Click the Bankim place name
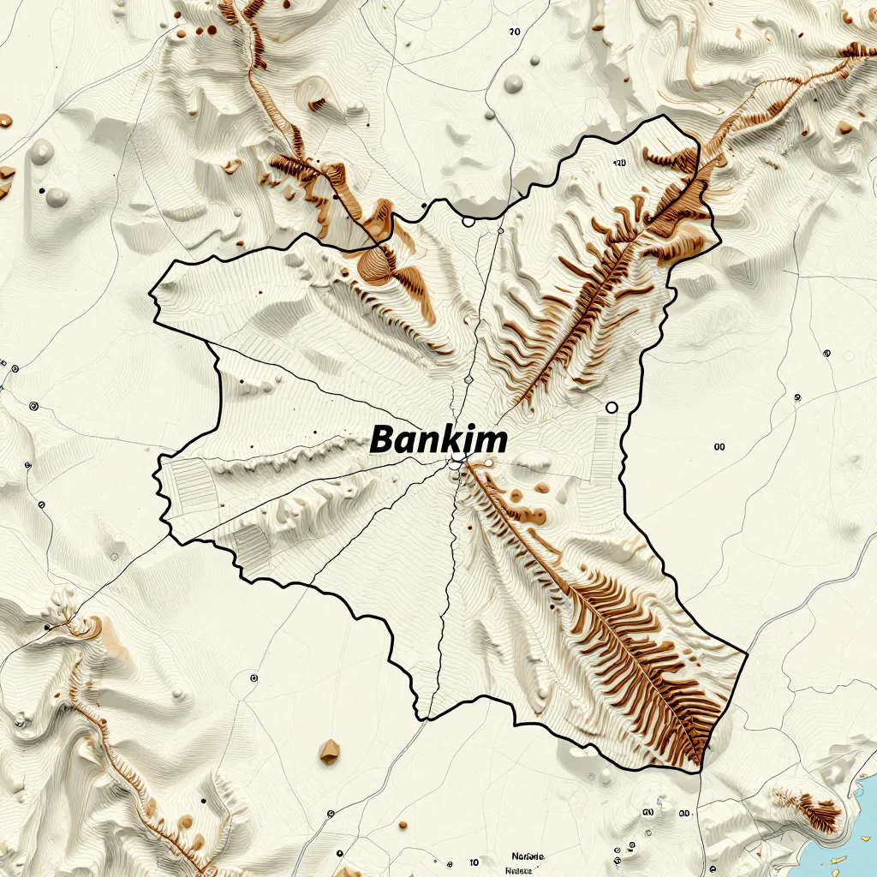tap(438, 440)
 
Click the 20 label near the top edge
tap(514, 32)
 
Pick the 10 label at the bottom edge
tap(474, 862)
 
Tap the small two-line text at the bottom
tap(520, 862)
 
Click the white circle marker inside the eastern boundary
tap(612, 408)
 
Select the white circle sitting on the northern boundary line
tap(468, 222)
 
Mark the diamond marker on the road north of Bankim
tap(468, 379)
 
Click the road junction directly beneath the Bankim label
tap(454, 464)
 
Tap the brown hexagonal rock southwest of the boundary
tap(329, 752)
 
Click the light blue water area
tap(861, 822)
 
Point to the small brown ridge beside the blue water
tap(814, 810)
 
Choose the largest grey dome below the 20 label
tap(514, 84)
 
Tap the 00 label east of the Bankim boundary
tap(719, 446)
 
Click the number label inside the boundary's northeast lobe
tap(620, 163)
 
